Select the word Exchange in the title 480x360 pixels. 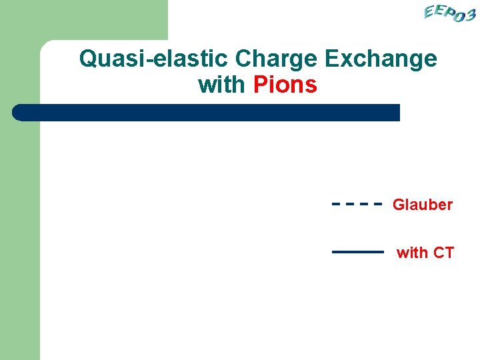(x=381, y=59)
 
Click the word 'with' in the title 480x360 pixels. (x=221, y=85)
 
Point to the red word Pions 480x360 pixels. (x=285, y=85)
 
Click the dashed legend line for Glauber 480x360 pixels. (x=357, y=205)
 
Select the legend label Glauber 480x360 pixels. (x=423, y=205)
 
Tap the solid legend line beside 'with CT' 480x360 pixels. (x=358, y=252)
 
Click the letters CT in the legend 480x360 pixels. (x=443, y=253)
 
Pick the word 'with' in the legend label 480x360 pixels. (x=412, y=253)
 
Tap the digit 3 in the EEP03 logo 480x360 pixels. (x=469, y=15)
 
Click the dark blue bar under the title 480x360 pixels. (x=207, y=113)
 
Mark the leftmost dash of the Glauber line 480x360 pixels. (x=336, y=205)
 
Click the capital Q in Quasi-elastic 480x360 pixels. (x=88, y=59)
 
